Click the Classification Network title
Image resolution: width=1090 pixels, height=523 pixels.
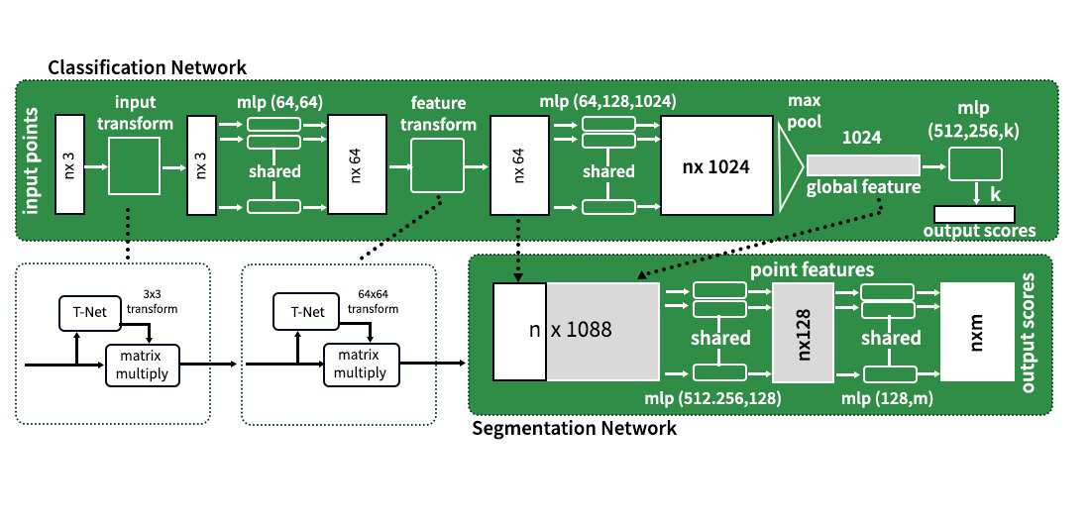tap(147, 66)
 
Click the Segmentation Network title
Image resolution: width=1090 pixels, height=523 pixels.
tap(575, 429)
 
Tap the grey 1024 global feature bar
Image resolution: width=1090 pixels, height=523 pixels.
tap(862, 165)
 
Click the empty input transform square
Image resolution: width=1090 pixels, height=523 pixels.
tap(136, 165)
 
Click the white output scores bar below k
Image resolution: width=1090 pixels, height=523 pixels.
tap(974, 213)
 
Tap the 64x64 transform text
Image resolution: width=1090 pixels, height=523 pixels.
tap(375, 300)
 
